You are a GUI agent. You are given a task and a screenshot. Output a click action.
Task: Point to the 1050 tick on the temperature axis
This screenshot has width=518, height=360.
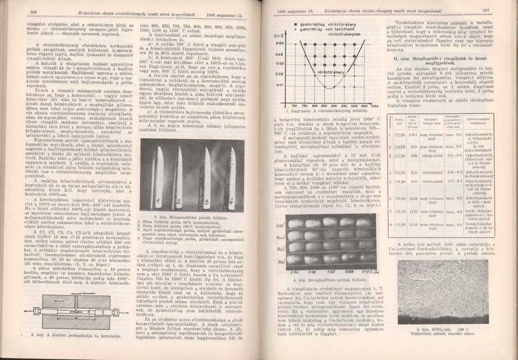pyautogui.click(x=359, y=105)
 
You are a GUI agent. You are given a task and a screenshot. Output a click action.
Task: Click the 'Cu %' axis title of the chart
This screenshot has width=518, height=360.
pyautogui.click(x=278, y=36)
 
